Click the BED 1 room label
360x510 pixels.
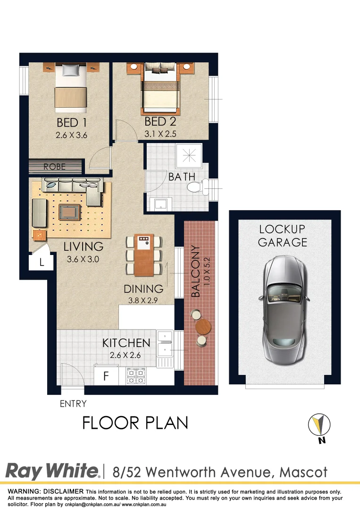71,123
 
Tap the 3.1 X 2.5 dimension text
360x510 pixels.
160,134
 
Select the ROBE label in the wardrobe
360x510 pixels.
55,167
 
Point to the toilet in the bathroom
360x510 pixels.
197,188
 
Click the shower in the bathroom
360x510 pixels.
191,154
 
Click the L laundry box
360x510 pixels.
42,263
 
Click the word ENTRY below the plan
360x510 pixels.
73,404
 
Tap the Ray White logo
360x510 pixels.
52,471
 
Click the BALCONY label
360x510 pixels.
196,271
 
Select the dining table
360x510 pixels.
143,255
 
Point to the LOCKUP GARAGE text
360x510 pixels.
283,236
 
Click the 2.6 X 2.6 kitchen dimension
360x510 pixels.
126,356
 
